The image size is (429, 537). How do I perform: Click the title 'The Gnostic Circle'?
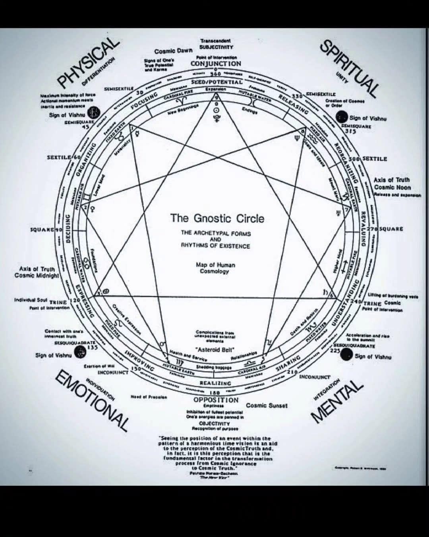click(217, 218)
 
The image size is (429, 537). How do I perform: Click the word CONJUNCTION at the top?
click(216, 64)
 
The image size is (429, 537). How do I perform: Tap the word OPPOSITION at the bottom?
click(216, 399)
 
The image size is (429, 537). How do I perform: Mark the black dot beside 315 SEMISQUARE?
click(341, 117)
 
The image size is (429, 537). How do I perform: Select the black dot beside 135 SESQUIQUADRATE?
click(81, 351)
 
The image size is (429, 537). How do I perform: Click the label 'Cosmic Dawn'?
click(173, 51)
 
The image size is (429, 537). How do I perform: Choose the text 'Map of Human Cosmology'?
click(215, 268)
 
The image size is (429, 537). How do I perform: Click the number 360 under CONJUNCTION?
click(215, 74)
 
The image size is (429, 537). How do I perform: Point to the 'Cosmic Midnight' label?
click(37, 275)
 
